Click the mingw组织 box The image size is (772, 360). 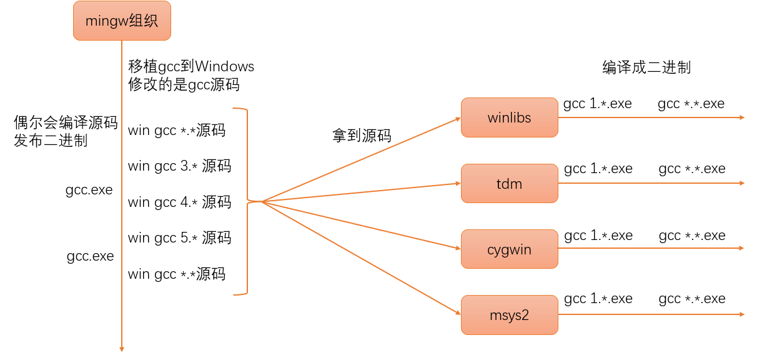[x=122, y=21]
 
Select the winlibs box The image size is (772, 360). [x=509, y=117]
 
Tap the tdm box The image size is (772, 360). [x=509, y=184]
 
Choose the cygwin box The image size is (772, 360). [x=509, y=249]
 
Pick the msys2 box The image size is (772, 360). [x=509, y=315]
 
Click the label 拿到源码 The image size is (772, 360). [x=362, y=136]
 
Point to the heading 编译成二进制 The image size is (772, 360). [x=646, y=67]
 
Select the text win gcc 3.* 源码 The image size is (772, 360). [x=179, y=166]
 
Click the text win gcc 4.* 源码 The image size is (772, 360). [x=179, y=202]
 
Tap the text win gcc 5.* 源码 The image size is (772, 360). [x=179, y=238]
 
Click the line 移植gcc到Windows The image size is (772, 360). [x=191, y=66]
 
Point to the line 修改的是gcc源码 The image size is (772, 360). [x=184, y=85]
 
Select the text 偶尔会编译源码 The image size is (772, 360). [x=66, y=122]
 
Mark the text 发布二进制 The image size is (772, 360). [x=51, y=141]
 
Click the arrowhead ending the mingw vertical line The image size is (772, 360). [x=122, y=348]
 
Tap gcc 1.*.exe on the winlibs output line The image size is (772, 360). [x=597, y=104]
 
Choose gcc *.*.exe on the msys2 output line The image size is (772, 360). [x=692, y=299]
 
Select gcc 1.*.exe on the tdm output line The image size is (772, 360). [x=598, y=169]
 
